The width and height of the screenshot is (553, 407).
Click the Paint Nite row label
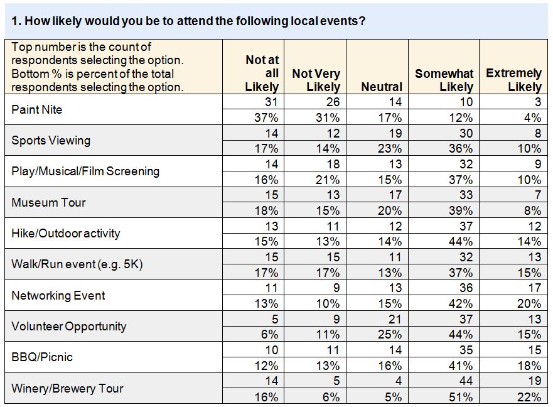36,109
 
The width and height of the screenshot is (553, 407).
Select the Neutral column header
382,87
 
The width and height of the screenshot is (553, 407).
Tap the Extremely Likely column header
513,80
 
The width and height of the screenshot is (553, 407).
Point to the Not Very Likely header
316,80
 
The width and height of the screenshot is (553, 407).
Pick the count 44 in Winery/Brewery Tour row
466,381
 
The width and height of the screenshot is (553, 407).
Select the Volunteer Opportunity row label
68,326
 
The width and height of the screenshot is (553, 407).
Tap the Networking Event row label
58,295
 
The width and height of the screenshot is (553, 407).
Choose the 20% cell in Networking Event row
529,303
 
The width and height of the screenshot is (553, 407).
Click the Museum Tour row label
48,202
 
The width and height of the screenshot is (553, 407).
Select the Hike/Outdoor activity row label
65,233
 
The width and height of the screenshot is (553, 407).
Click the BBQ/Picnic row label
42,357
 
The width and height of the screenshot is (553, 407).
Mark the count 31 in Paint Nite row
271,102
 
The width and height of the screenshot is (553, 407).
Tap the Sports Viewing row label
51,140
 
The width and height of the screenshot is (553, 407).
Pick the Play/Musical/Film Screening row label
85,171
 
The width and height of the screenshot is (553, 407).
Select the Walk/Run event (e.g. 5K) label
77,264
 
